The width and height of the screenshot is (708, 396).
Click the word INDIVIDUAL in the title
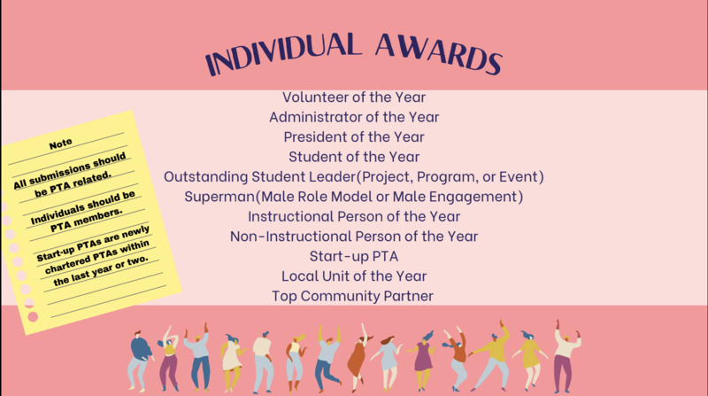[283, 53]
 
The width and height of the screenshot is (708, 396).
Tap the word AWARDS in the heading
[438, 53]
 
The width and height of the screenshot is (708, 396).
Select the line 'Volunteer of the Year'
[354, 97]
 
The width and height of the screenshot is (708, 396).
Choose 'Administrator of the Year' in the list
[354, 117]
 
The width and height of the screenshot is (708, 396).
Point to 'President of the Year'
[354, 137]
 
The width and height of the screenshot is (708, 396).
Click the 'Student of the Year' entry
[354, 157]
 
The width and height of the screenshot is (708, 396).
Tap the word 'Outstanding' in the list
[205, 177]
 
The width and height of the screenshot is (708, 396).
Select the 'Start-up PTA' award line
[354, 256]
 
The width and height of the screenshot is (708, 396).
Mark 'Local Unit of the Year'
[354, 276]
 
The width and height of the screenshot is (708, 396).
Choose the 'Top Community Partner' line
[352, 296]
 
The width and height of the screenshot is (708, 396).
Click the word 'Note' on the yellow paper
[60, 144]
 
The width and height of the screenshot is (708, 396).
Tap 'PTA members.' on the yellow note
[86, 220]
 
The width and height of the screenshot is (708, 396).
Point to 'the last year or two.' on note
[101, 270]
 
